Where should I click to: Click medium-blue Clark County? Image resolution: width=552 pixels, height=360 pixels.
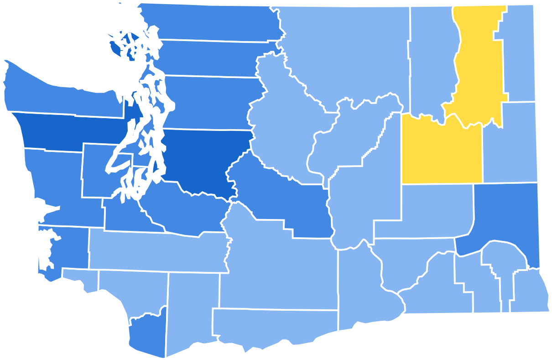pos(146,333)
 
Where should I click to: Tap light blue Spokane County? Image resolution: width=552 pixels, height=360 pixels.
pos(509,141)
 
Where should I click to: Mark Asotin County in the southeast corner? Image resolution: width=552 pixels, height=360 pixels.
pos(529,292)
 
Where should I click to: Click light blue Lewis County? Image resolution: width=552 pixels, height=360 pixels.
pos(155,251)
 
